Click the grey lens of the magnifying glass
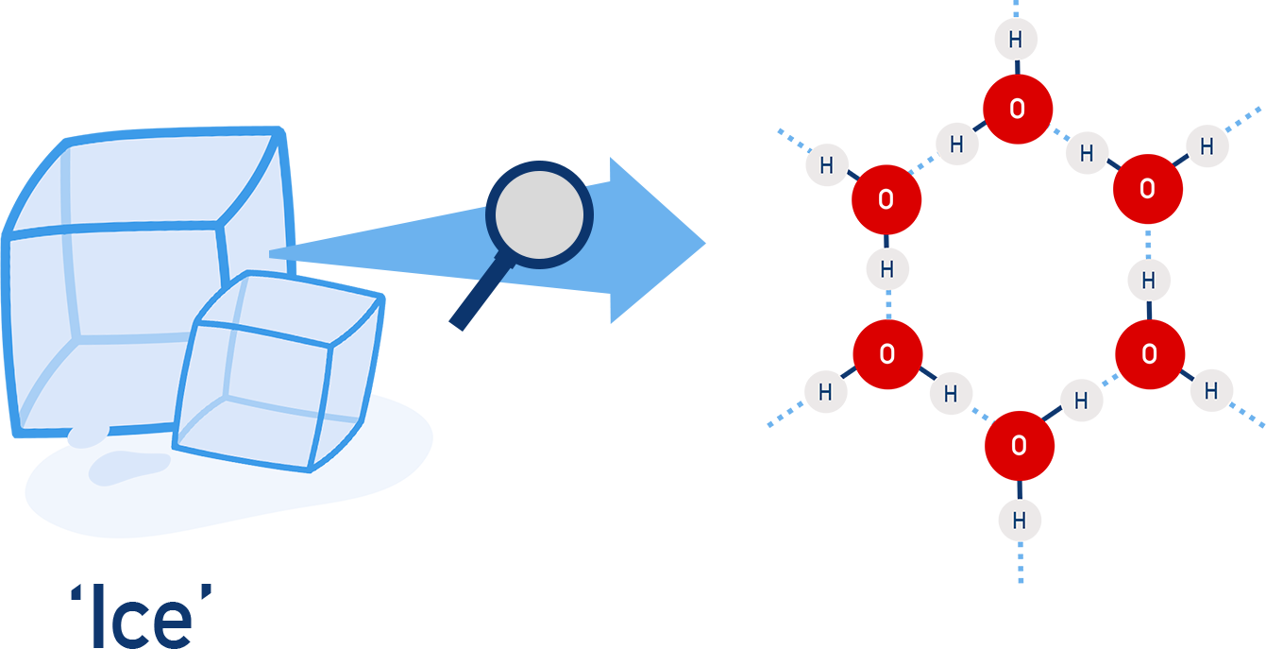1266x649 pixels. pos(539,214)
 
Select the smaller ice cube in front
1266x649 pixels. pos(279,373)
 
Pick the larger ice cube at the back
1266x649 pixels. pos(123,255)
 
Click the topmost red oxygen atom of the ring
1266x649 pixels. pos(1018,109)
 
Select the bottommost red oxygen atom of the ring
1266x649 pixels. pos(1019,445)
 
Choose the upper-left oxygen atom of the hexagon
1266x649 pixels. pos(886,199)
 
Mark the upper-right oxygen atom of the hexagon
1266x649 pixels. pos(1147,189)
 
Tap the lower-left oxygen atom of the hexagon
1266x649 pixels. pos(886,354)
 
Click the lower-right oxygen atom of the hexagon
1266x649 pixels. pos(1149,354)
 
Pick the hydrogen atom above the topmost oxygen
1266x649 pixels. pos(1016,40)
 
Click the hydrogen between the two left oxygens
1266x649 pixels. pos(887,270)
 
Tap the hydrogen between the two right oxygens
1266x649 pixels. pos(1149,281)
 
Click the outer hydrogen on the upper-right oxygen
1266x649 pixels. pos(1207,145)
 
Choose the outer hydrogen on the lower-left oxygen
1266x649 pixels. pos(825,392)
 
